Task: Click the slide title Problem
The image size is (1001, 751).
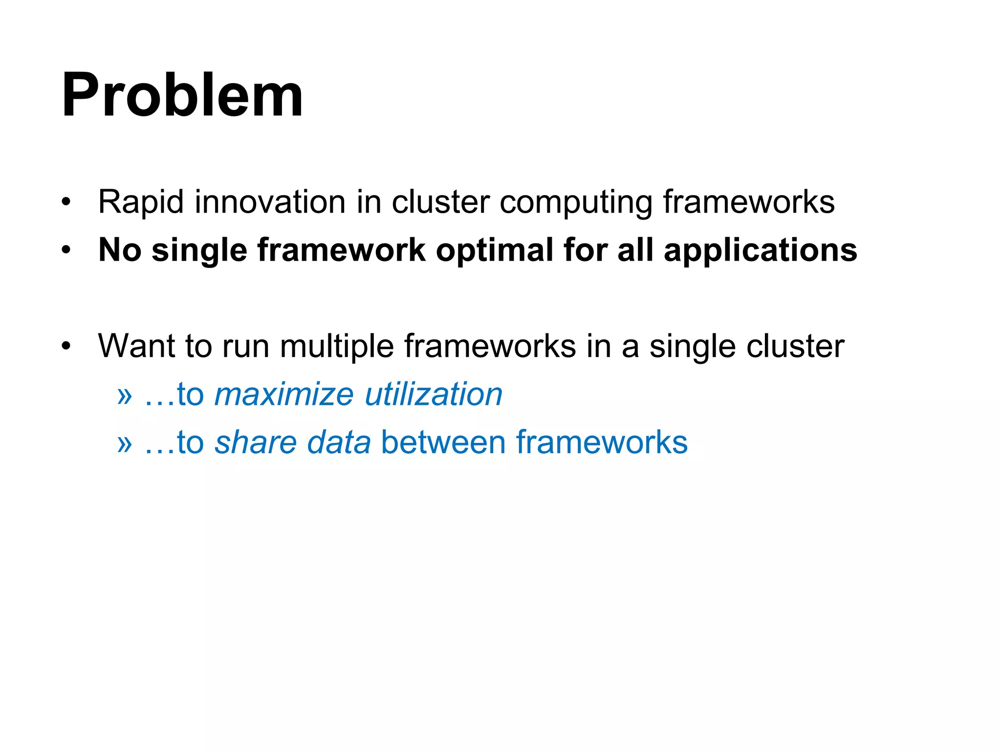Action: pyautogui.click(x=182, y=95)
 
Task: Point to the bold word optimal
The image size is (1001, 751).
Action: pyautogui.click(x=494, y=250)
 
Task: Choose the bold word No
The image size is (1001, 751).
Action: pyautogui.click(x=120, y=250)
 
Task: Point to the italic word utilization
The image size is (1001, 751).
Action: pyautogui.click(x=434, y=394)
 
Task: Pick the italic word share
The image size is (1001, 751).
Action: pyautogui.click(x=256, y=442)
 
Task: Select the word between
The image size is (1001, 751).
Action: pyautogui.click(x=443, y=442)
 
